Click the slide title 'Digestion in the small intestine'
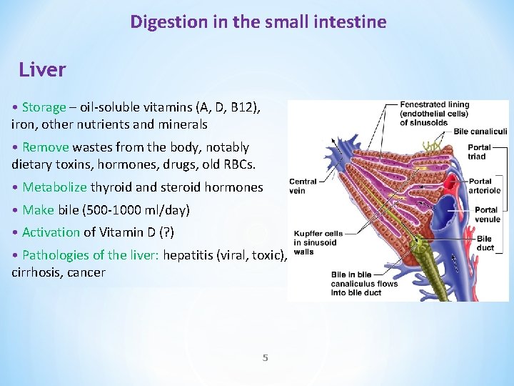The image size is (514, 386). [258, 22]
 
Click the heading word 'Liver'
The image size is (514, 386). [42, 70]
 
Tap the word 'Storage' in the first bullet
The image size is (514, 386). [44, 107]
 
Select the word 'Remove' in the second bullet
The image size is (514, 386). [45, 147]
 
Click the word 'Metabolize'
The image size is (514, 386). [54, 187]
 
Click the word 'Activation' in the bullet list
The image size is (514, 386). [51, 232]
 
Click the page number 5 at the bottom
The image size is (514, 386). [265, 357]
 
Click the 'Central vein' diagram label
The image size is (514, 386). [303, 186]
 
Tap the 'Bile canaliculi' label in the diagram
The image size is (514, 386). [480, 132]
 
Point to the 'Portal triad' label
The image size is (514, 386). [477, 152]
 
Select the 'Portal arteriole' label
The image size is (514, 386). [485, 186]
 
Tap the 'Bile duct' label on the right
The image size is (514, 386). [484, 243]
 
